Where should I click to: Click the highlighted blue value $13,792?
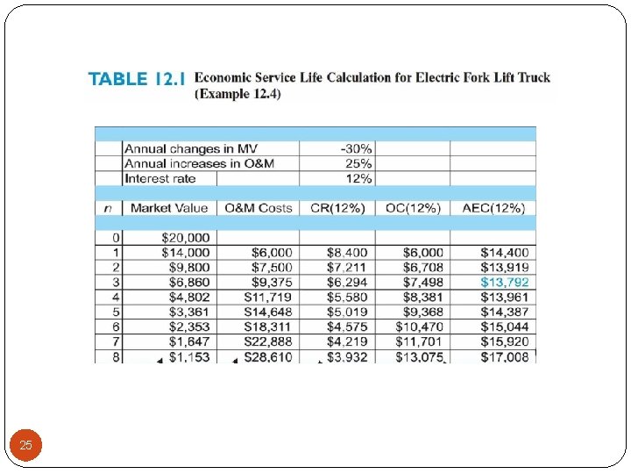click(504, 282)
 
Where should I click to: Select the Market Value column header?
click(169, 208)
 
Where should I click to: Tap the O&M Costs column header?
click(259, 208)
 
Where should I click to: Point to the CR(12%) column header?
click(337, 208)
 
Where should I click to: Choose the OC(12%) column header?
click(412, 208)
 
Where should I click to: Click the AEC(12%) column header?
click(493, 208)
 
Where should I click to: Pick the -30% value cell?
click(357, 148)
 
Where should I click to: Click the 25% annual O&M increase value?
click(359, 163)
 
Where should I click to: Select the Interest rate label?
click(160, 178)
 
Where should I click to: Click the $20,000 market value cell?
click(186, 237)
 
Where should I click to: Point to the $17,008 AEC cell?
click(504, 356)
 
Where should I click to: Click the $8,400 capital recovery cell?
click(347, 252)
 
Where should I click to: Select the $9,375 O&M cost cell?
click(272, 282)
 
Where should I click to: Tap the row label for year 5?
click(115, 312)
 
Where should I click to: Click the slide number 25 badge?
click(25, 446)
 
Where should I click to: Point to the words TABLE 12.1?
click(137, 79)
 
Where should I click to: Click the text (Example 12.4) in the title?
click(238, 94)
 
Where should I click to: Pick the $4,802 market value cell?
click(188, 297)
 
